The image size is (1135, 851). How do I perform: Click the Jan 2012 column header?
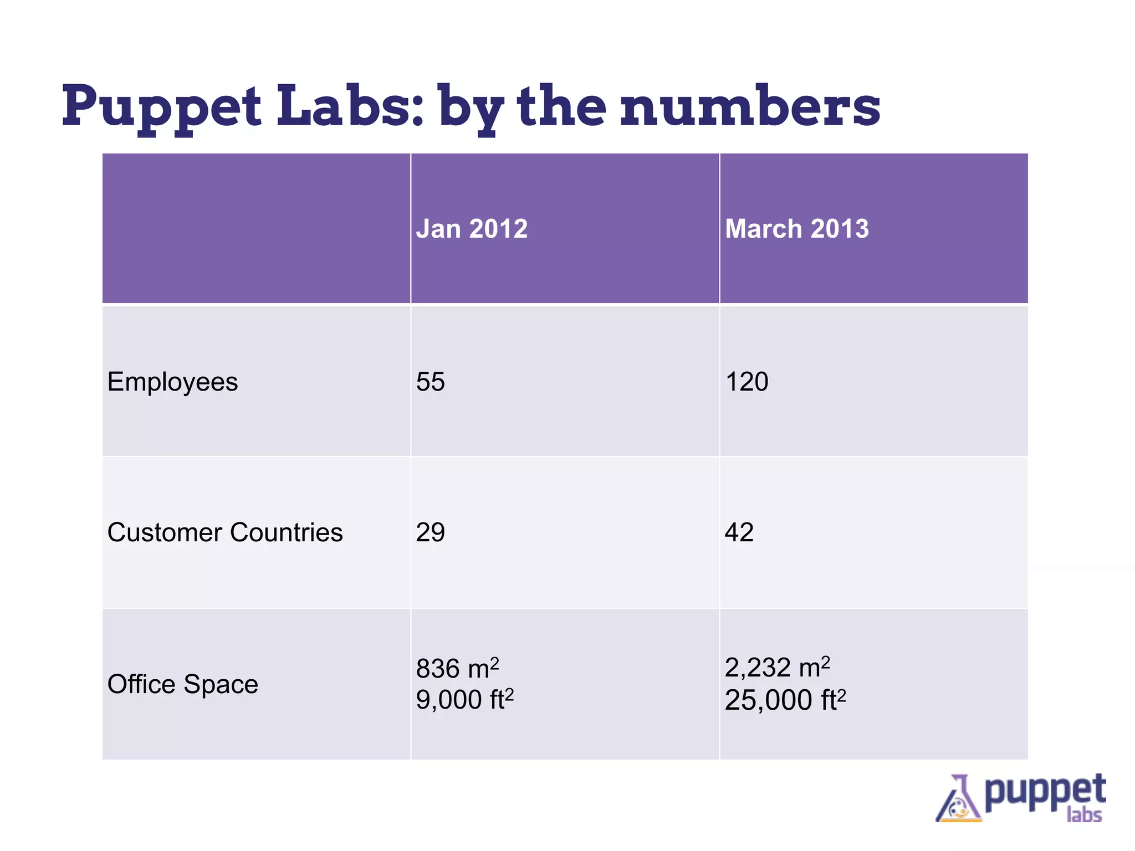point(472,229)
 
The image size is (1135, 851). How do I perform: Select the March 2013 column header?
point(796,229)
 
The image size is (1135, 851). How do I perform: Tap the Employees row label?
point(172,382)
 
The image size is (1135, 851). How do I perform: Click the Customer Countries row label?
point(224,532)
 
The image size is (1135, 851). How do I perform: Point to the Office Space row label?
point(182,684)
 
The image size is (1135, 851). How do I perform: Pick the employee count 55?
point(430,382)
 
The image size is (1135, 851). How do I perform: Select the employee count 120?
point(746,382)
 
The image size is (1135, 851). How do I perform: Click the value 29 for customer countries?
point(430,532)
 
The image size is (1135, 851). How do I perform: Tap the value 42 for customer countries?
point(739,532)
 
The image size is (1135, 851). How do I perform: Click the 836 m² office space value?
point(457,668)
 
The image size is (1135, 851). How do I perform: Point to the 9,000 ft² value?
point(464,700)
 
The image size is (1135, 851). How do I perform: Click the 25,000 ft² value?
point(785,700)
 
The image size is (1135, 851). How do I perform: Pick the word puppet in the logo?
point(1045,791)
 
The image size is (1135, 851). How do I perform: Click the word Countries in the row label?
point(286,532)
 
